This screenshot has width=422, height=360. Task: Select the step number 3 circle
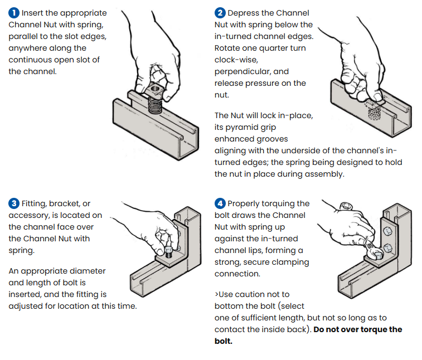pos(13,203)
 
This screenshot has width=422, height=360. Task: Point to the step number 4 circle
pos(220,203)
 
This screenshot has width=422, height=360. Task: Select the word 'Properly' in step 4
pos(245,203)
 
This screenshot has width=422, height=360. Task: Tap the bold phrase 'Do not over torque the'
pos(357,329)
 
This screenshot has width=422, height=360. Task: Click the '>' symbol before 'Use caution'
pos(217,294)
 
